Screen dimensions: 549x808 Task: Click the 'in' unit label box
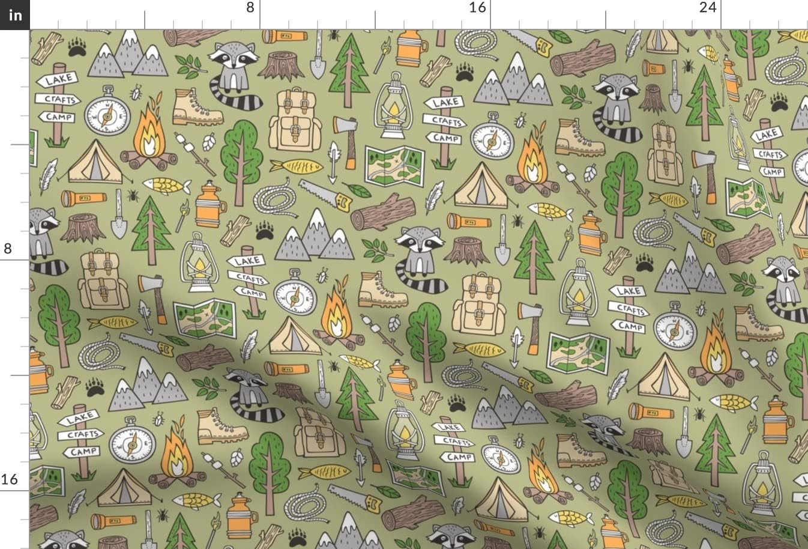14,14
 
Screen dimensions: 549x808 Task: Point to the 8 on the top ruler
250,8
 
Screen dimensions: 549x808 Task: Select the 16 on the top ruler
477,8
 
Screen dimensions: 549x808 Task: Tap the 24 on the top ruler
708,8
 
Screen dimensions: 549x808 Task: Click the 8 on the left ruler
8,249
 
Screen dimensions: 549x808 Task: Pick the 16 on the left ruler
9,479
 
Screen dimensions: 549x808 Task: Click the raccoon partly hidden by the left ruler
43,237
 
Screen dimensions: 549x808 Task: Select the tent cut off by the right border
800,216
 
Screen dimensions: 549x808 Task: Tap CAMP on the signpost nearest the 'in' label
59,117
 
